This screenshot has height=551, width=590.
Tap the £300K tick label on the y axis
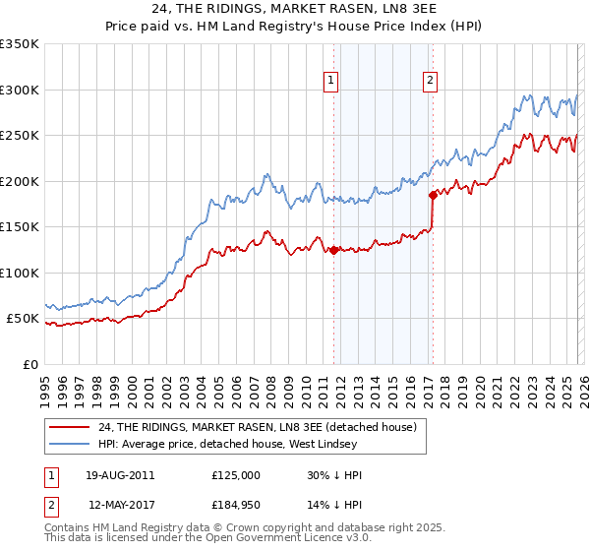coord(20,90)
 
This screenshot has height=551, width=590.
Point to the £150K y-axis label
coord(20,227)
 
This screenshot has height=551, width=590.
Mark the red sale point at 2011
coord(334,250)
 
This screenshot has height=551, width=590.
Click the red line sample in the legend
coord(70,427)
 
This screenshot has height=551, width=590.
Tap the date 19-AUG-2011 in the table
coord(121,475)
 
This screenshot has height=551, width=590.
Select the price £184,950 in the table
coord(242,503)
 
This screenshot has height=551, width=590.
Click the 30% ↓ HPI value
coord(334,475)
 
